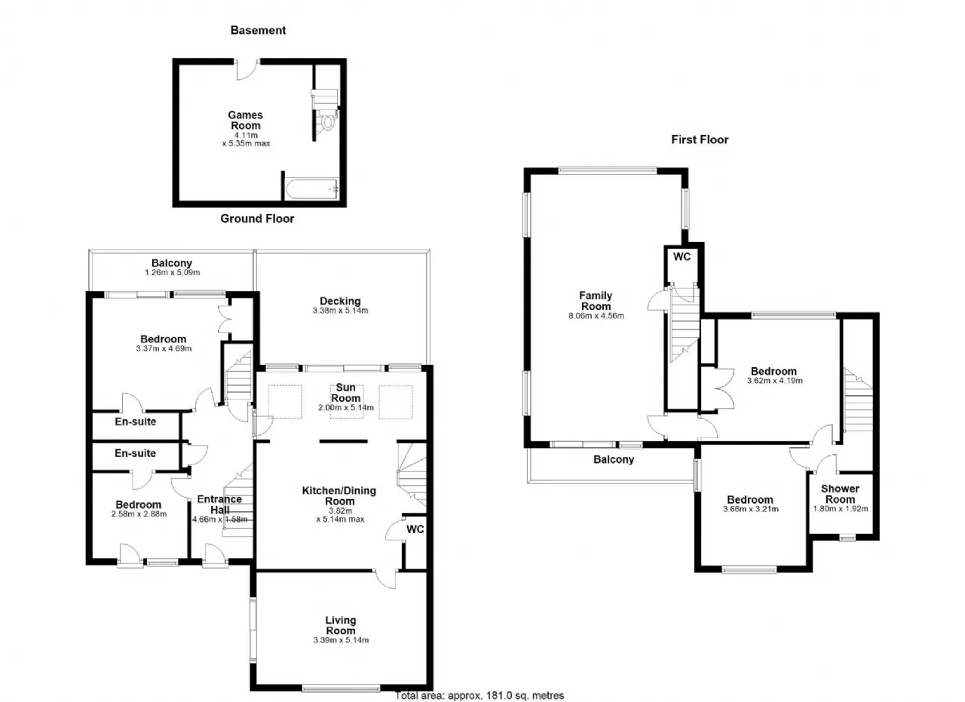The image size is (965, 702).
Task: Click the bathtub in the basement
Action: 312,189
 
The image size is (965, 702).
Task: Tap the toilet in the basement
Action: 327,121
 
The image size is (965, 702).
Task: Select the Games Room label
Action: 246,120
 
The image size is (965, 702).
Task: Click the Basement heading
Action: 258,30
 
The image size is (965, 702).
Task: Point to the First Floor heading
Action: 700,139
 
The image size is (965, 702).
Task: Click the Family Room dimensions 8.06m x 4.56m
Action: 596,315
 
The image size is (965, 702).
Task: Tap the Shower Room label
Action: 840,494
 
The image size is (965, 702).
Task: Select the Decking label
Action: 340,301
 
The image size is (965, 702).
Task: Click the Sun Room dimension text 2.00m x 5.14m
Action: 346,407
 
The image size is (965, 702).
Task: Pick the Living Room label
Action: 341,625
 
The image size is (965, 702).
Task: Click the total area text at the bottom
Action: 479,695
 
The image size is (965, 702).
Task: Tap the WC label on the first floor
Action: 682,257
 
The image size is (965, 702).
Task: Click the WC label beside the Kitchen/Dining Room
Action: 415,529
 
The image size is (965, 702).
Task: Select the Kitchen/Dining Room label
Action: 339,495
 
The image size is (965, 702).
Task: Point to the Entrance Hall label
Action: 219,504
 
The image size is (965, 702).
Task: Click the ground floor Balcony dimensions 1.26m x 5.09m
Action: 173,272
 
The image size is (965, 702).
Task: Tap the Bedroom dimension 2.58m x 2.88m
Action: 139,513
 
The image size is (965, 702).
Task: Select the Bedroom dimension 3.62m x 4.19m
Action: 774,381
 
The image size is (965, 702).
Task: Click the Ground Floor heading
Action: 257,219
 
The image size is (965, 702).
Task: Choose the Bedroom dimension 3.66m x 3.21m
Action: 750,508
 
